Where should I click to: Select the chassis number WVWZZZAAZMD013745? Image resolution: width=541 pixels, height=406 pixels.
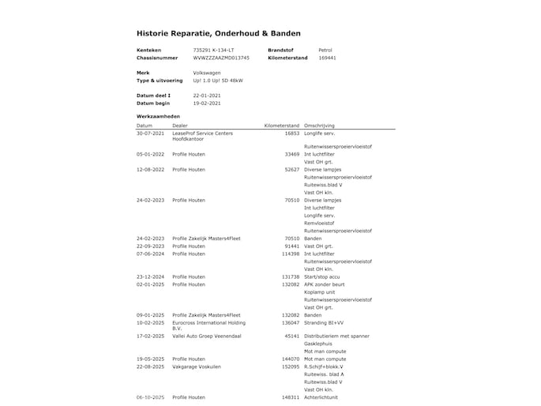coord(221,58)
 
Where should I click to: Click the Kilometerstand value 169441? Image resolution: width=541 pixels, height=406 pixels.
coord(327,58)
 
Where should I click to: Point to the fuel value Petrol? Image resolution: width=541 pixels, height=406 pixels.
coord(325,50)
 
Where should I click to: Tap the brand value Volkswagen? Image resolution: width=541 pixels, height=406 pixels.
coord(207,73)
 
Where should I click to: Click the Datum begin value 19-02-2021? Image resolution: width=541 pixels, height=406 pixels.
coord(207,103)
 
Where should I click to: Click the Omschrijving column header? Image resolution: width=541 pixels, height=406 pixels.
coord(319,126)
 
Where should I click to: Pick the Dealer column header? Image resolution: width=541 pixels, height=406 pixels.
coord(180,126)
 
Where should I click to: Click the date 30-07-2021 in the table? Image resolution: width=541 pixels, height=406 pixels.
coord(150,133)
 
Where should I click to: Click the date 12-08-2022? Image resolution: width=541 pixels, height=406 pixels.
coord(150,169)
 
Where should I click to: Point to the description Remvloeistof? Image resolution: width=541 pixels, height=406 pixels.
coord(320,223)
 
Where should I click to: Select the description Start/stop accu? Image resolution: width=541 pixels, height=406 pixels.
coord(324,276)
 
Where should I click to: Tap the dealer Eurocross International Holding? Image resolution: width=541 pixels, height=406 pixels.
coord(209,322)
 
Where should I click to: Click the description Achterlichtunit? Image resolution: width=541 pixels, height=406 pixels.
coord(324,397)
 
